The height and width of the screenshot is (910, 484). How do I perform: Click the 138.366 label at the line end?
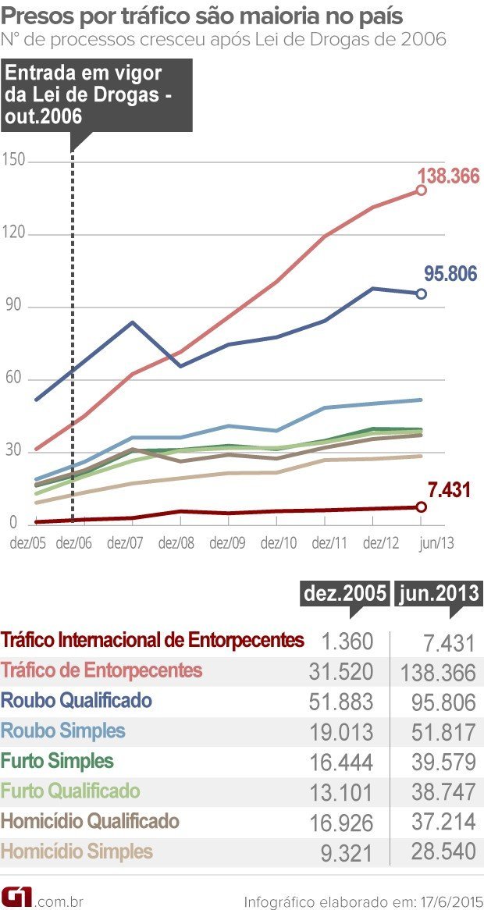point(448,176)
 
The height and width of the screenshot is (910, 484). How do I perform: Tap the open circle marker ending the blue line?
point(422,293)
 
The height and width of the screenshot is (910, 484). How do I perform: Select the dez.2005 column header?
point(343,593)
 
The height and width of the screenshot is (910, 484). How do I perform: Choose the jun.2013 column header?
point(437,593)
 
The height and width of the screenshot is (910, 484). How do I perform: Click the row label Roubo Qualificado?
point(77,700)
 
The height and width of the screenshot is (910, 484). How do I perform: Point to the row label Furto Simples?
point(58,761)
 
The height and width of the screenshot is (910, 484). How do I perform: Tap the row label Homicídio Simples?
point(77,851)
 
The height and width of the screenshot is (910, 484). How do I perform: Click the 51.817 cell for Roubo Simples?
point(443,732)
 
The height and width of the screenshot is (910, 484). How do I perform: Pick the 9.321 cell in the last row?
point(347,853)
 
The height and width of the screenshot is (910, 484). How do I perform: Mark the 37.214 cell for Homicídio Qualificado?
point(443,823)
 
